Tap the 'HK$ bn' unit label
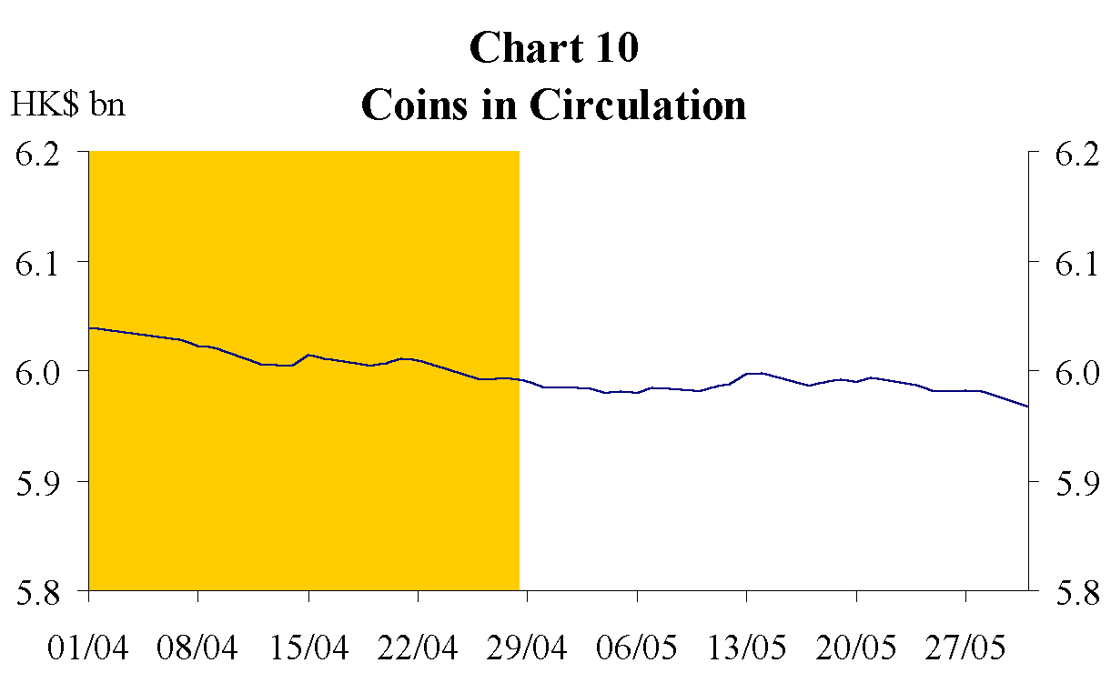pyautogui.click(x=68, y=105)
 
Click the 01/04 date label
pyautogui.click(x=88, y=649)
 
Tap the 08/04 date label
pyautogui.click(x=198, y=649)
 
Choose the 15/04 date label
pyautogui.click(x=308, y=649)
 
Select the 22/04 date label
pyautogui.click(x=418, y=649)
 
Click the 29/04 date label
pyautogui.click(x=528, y=649)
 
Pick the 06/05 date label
pyautogui.click(x=637, y=649)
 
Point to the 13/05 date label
pyautogui.click(x=747, y=649)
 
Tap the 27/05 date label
pyautogui.click(x=966, y=649)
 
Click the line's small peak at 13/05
pyautogui.click(x=754, y=373)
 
